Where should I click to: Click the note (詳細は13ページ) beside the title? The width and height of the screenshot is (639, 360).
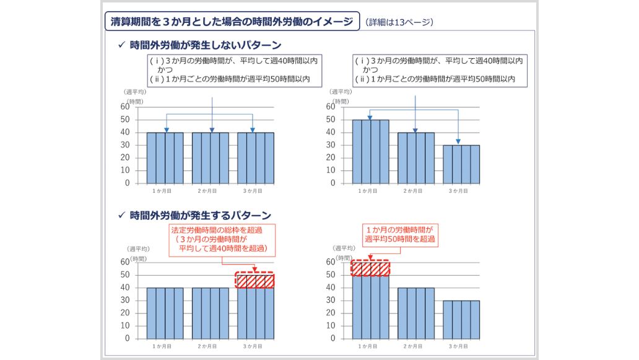[x=399, y=22]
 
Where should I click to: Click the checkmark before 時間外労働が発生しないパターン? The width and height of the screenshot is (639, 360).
[x=121, y=45]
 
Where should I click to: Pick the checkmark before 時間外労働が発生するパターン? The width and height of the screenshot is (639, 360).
[x=121, y=216]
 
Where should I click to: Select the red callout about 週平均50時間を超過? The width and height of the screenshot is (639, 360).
[x=400, y=234]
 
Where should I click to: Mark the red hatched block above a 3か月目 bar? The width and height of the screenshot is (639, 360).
[x=255, y=281]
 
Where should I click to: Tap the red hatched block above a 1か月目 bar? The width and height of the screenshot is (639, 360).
[x=370, y=268]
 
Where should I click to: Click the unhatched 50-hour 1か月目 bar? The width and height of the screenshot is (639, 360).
[x=370, y=152]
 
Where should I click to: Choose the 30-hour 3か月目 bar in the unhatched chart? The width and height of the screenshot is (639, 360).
[x=461, y=164]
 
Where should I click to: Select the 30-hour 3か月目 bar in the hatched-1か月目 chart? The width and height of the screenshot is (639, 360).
[x=461, y=319]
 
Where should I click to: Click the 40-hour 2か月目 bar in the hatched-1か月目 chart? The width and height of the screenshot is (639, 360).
[x=415, y=313]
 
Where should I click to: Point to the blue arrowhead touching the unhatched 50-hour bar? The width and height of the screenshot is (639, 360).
[x=370, y=117]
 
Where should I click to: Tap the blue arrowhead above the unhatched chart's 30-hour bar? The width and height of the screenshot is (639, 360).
[x=459, y=142]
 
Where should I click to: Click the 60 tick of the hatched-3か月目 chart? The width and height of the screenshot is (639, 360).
[x=125, y=261]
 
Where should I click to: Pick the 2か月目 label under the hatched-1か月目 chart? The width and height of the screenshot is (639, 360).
[x=415, y=346]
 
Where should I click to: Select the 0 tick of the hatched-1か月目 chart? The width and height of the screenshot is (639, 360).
[x=333, y=338]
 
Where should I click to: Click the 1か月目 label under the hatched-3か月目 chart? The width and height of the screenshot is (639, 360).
[x=164, y=346]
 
